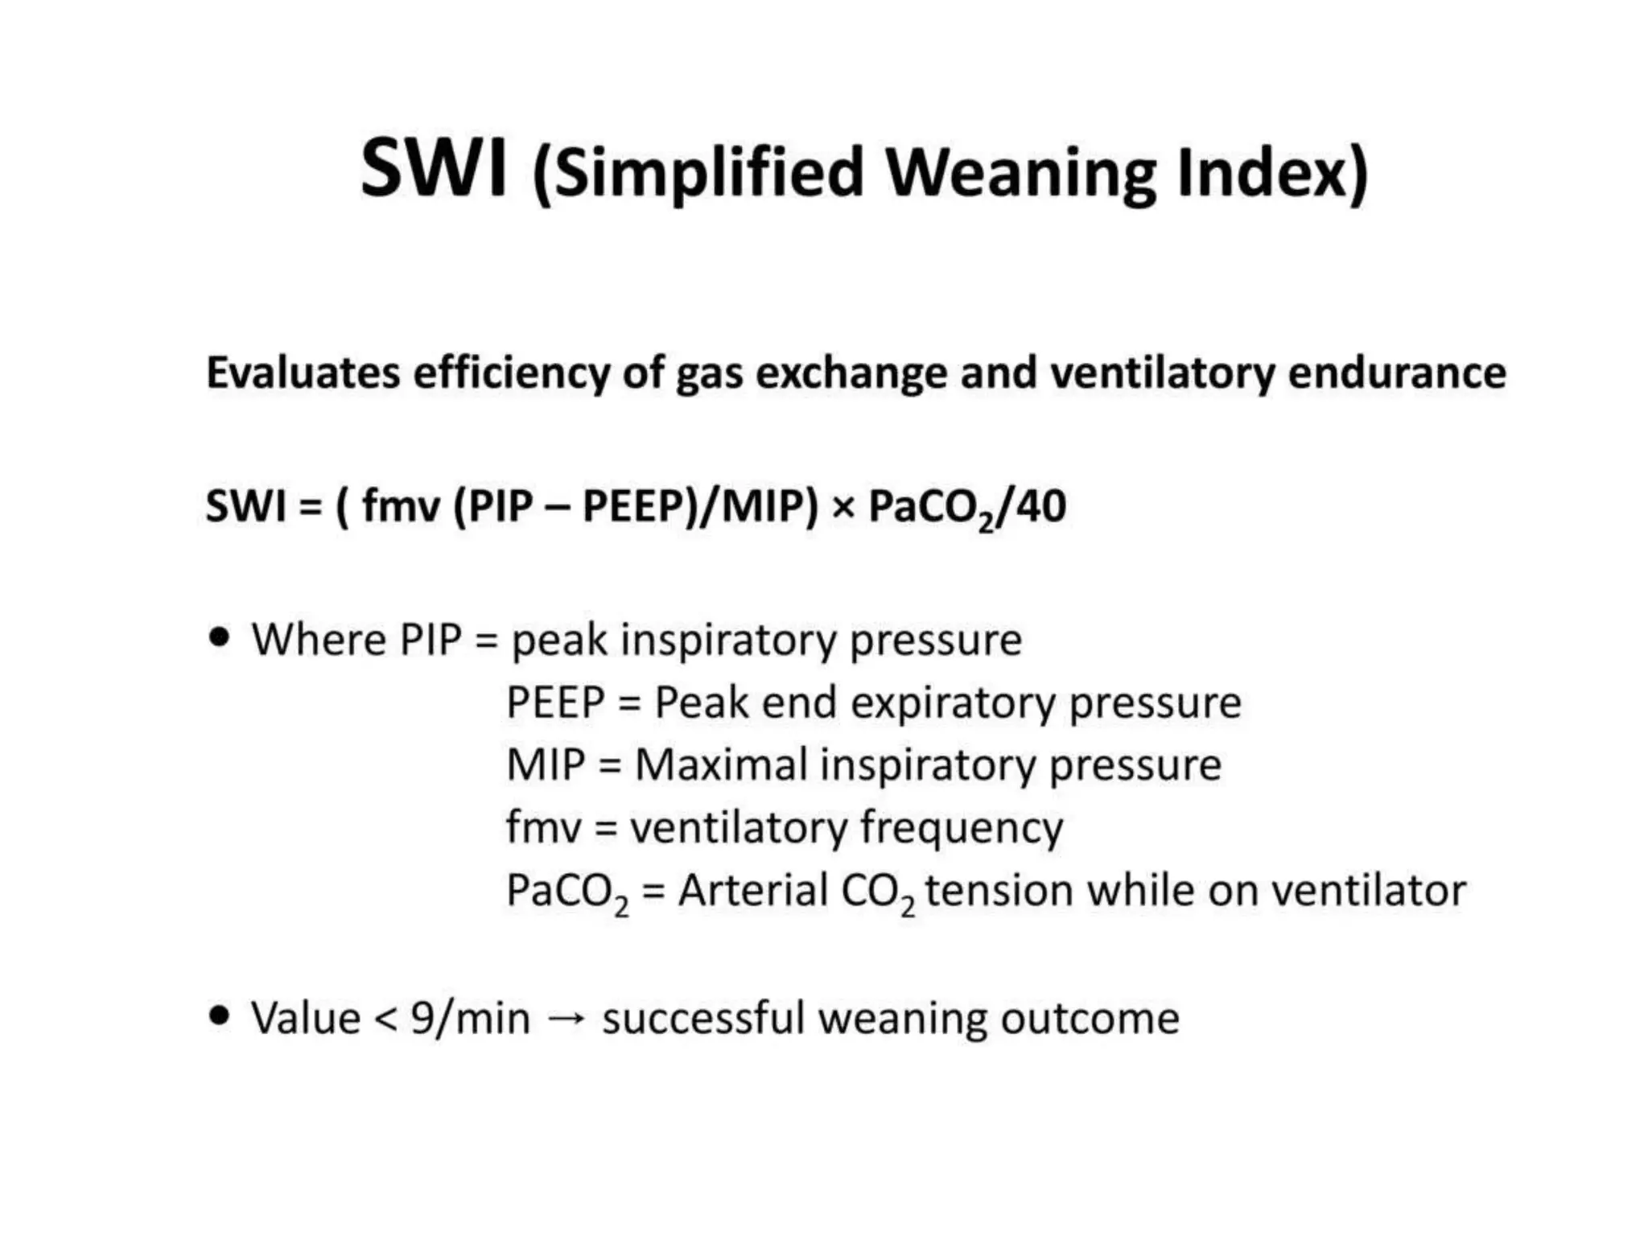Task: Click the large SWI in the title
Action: tap(434, 169)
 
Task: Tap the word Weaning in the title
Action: tap(1021, 174)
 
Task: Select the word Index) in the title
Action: tap(1272, 174)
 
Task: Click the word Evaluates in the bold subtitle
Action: tap(303, 373)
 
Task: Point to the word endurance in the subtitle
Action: tap(1397, 373)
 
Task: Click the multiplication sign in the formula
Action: tap(843, 508)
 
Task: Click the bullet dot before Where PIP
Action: tap(219, 638)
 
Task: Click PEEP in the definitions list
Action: tap(555, 702)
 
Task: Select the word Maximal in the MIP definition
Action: tap(721, 764)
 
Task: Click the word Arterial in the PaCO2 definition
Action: tap(752, 891)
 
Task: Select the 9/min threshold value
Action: tap(470, 1019)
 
